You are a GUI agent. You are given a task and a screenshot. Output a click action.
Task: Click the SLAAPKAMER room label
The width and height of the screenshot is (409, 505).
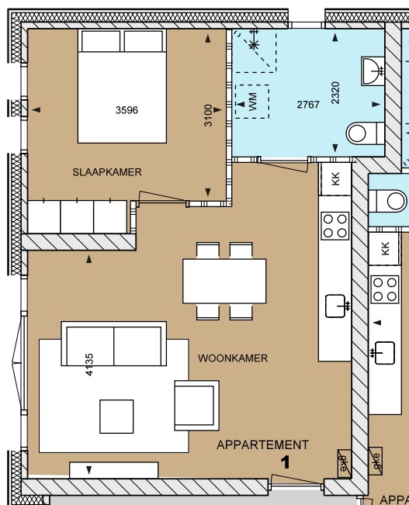point(107,172)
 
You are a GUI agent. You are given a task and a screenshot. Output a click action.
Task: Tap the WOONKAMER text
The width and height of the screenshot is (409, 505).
point(233,358)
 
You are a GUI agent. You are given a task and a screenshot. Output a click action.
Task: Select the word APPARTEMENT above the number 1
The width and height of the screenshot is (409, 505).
point(262,444)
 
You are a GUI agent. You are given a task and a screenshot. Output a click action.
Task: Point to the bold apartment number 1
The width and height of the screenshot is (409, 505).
point(285,462)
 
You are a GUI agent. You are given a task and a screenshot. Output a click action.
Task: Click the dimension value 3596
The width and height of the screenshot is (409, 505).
point(127,110)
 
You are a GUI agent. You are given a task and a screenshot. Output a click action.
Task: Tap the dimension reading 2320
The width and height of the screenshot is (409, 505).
point(335,93)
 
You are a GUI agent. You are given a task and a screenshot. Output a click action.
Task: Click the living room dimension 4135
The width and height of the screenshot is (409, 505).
point(89,364)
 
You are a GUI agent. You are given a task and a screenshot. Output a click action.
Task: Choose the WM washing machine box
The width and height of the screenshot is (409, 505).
point(252,102)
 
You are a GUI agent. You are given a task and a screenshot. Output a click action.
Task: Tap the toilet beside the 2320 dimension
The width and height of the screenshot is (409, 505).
point(361,133)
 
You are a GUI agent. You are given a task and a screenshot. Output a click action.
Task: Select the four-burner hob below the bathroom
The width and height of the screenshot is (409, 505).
point(335,225)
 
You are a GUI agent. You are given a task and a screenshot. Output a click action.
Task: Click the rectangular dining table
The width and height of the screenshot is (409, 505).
point(224,281)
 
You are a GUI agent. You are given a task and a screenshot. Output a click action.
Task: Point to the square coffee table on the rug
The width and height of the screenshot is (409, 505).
point(116,417)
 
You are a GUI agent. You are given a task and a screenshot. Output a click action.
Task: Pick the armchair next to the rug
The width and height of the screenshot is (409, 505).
point(194,404)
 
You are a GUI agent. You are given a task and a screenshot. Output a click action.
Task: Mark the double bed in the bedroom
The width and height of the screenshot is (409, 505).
point(123,87)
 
